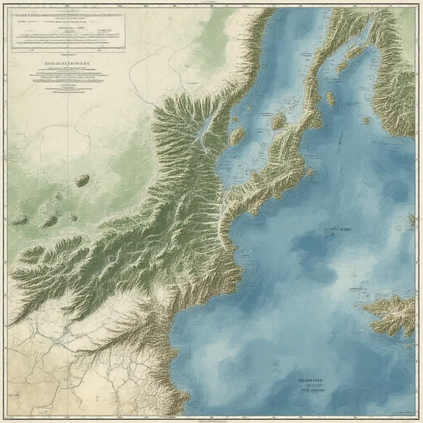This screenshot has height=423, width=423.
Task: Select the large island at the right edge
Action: pos(391,314)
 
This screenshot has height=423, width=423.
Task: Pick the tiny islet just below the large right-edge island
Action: pos(409,347)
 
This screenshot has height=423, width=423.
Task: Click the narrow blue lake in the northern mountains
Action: pos(204,132)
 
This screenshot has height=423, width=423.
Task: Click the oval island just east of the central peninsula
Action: pos(330,99)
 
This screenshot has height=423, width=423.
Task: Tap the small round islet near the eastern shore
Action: pos(366,121)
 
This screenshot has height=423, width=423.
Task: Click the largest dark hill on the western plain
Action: pos(81,180)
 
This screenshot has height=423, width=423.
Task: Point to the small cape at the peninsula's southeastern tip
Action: pos(308,171)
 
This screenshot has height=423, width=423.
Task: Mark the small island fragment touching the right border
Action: pos(412,219)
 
